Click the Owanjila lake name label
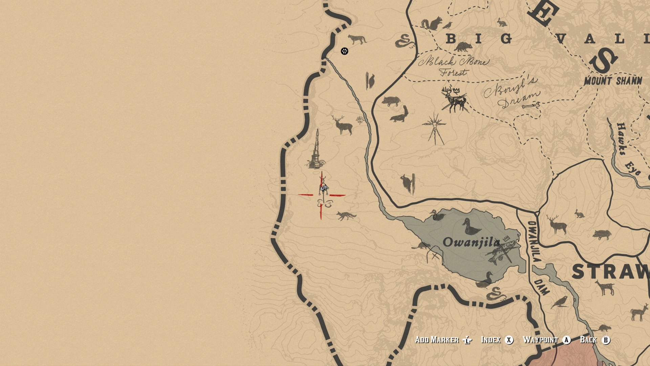pyautogui.click(x=471, y=242)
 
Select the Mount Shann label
pyautogui.click(x=613, y=81)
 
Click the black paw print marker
pyautogui.click(x=344, y=51)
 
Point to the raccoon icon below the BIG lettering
pyautogui.click(x=462, y=47)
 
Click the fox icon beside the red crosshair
pyautogui.click(x=346, y=216)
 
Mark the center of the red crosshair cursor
pyautogui.click(x=321, y=195)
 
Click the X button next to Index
pyautogui.click(x=509, y=340)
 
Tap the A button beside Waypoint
pyautogui.click(x=566, y=340)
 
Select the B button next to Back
pyautogui.click(x=606, y=340)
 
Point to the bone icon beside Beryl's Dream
pyautogui.click(x=530, y=106)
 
